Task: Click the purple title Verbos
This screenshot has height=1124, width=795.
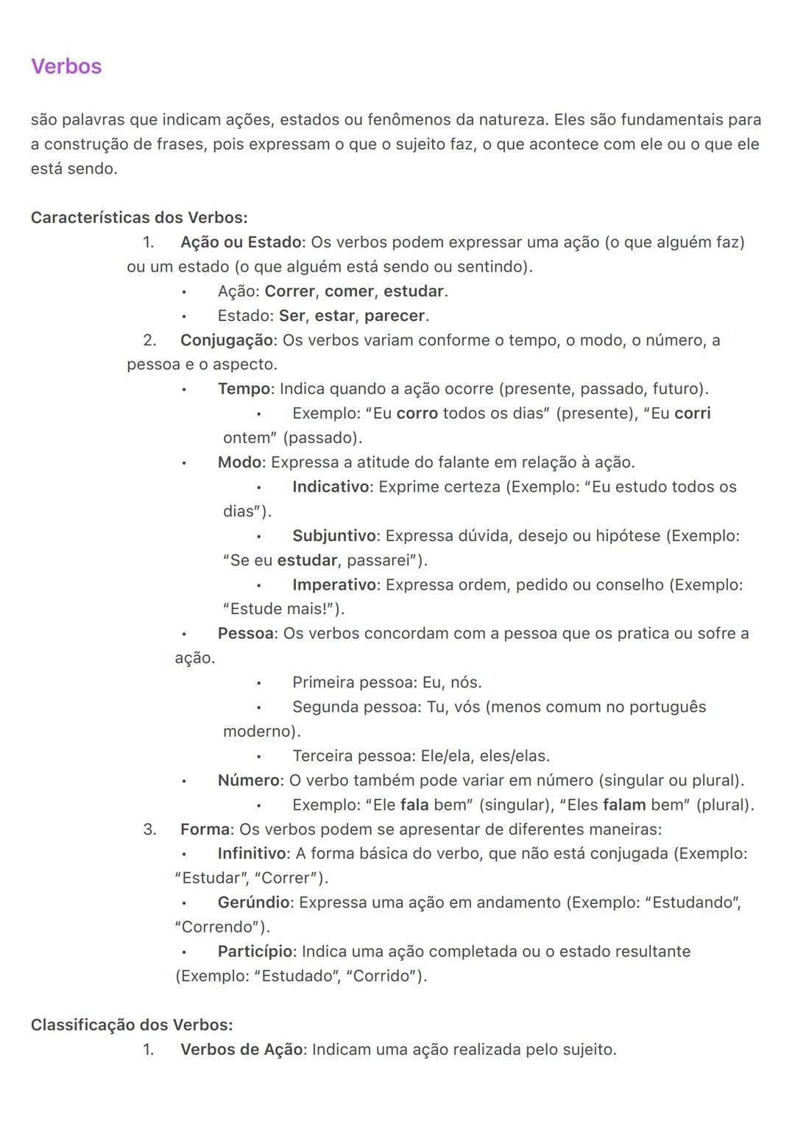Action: (x=66, y=66)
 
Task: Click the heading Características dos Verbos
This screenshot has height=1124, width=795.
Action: (x=139, y=218)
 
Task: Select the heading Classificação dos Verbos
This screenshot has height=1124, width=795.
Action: (x=132, y=1025)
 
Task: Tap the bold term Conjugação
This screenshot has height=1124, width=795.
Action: (x=227, y=340)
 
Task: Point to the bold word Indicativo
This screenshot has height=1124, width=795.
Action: (x=331, y=487)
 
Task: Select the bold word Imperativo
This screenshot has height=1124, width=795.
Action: (x=334, y=584)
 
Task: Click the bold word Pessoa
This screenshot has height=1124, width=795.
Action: (x=246, y=633)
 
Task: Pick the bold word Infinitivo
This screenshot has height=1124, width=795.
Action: (x=252, y=853)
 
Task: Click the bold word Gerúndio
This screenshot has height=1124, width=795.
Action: (x=254, y=902)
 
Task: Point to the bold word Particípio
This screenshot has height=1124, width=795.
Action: (x=255, y=951)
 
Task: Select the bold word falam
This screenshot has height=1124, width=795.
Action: (x=624, y=805)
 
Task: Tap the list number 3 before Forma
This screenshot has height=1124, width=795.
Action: (x=149, y=830)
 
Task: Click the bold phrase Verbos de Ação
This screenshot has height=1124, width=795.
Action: (x=241, y=1049)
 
